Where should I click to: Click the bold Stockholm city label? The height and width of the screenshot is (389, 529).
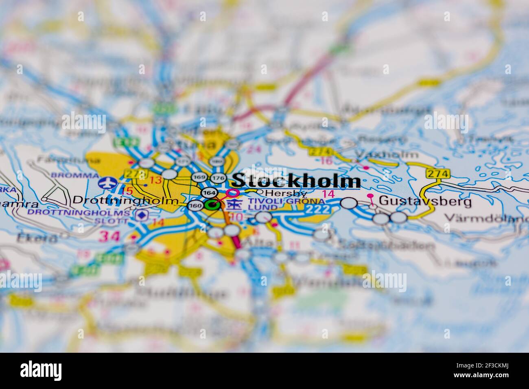point(296,181)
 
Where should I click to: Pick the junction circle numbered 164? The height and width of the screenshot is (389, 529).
point(209,192)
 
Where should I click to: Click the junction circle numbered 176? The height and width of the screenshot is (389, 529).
point(219,177)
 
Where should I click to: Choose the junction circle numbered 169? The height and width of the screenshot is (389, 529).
point(199,177)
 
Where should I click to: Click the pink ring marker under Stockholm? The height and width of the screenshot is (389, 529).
point(233,193)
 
